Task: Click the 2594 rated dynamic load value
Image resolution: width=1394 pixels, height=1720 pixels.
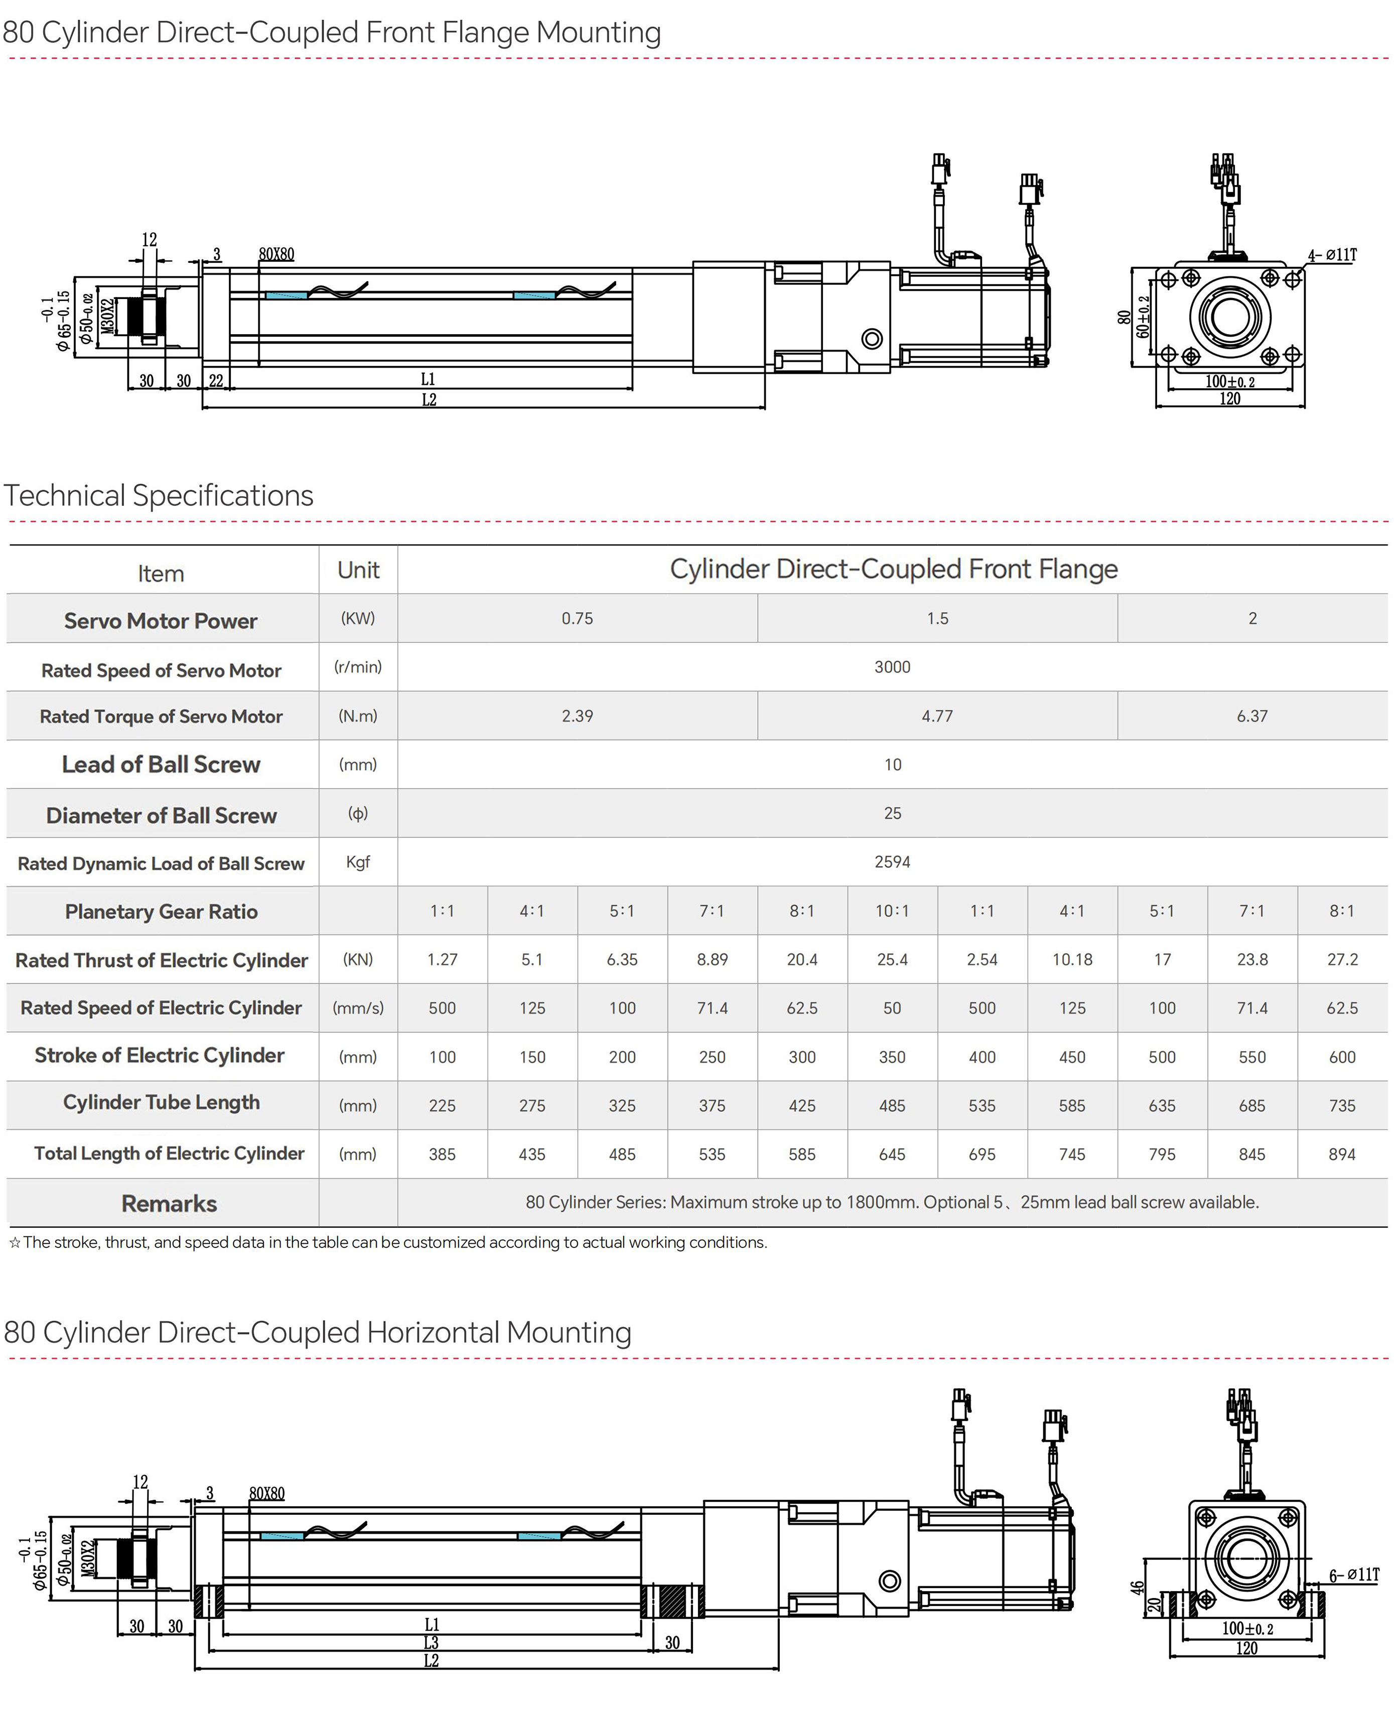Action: click(892, 862)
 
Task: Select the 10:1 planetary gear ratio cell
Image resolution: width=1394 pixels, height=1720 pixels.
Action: click(892, 911)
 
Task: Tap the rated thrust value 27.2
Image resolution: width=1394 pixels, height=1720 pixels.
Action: click(1342, 959)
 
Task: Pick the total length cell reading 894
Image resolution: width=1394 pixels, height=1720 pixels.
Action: click(1342, 1154)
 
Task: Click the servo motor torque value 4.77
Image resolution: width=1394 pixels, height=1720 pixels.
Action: click(937, 715)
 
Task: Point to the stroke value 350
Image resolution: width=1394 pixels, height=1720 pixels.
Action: click(892, 1057)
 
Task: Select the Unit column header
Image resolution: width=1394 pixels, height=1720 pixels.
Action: click(358, 570)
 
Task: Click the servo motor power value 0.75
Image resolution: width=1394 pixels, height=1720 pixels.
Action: click(578, 618)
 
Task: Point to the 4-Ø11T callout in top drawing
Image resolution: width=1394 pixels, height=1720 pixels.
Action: click(1332, 255)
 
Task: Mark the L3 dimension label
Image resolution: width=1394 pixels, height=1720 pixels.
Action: click(431, 1642)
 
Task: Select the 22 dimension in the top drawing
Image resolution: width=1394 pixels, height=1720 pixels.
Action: click(216, 381)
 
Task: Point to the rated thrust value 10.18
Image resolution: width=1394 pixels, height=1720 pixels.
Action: click(1072, 959)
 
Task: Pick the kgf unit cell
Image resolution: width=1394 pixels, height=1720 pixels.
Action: click(358, 862)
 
